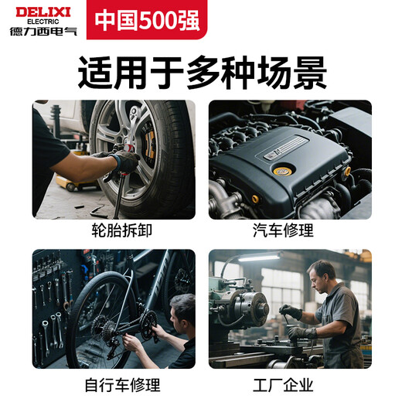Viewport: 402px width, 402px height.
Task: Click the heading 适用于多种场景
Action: pyautogui.click(x=201, y=73)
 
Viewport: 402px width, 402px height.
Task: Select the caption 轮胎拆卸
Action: pyautogui.click(x=114, y=230)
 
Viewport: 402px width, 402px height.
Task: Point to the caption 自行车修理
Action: pyautogui.click(x=114, y=384)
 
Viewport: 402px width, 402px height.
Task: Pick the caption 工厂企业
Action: pyautogui.click(x=289, y=384)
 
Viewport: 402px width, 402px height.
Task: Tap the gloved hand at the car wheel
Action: pyautogui.click(x=124, y=161)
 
